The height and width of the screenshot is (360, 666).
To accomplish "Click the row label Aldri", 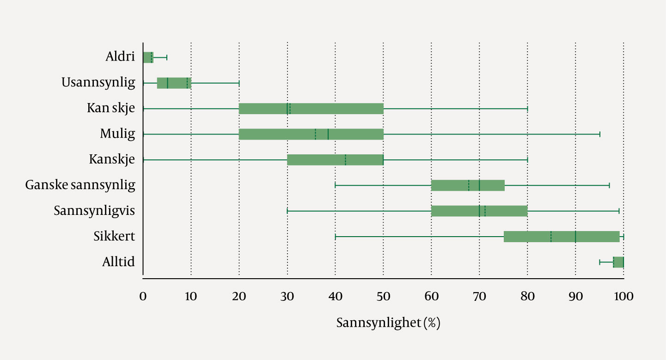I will coord(120,57).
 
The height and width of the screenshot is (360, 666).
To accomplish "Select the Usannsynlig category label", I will coord(98,83).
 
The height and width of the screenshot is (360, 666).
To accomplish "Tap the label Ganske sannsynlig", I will coord(80,185).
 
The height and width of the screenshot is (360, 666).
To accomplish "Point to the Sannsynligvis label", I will coord(94,211).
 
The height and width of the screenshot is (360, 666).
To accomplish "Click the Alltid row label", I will coord(118,262).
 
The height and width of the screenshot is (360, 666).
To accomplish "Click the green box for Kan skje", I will coord(311,109).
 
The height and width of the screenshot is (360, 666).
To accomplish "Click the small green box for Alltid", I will coord(618,262).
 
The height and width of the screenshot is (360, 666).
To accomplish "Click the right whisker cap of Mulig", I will coord(600,134).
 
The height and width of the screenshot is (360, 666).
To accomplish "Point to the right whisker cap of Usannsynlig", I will coord(239,83).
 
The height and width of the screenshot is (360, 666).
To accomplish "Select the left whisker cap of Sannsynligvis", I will coord(287,211).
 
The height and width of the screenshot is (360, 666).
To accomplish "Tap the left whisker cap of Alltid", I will coord(599,262).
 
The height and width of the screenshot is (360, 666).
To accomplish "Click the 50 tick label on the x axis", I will coord(383,296).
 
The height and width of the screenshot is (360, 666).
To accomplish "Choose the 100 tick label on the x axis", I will coord(623,296).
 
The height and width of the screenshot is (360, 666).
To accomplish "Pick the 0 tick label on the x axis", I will coord(143,296).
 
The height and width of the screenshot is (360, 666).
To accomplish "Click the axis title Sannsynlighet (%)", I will coord(388,323).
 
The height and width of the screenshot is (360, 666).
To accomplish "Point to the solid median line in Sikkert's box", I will coord(575,237).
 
